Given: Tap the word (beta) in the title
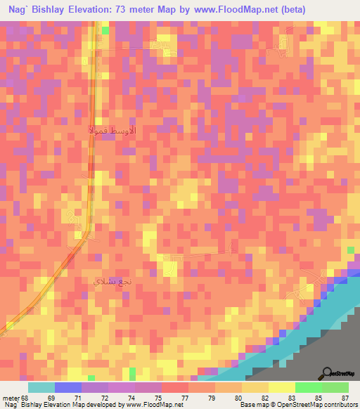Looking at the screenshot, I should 290,10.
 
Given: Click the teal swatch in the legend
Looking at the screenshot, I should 41,387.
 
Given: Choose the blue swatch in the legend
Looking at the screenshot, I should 68,387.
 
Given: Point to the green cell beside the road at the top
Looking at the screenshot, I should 105,31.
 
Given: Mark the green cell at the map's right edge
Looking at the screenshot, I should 350,251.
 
